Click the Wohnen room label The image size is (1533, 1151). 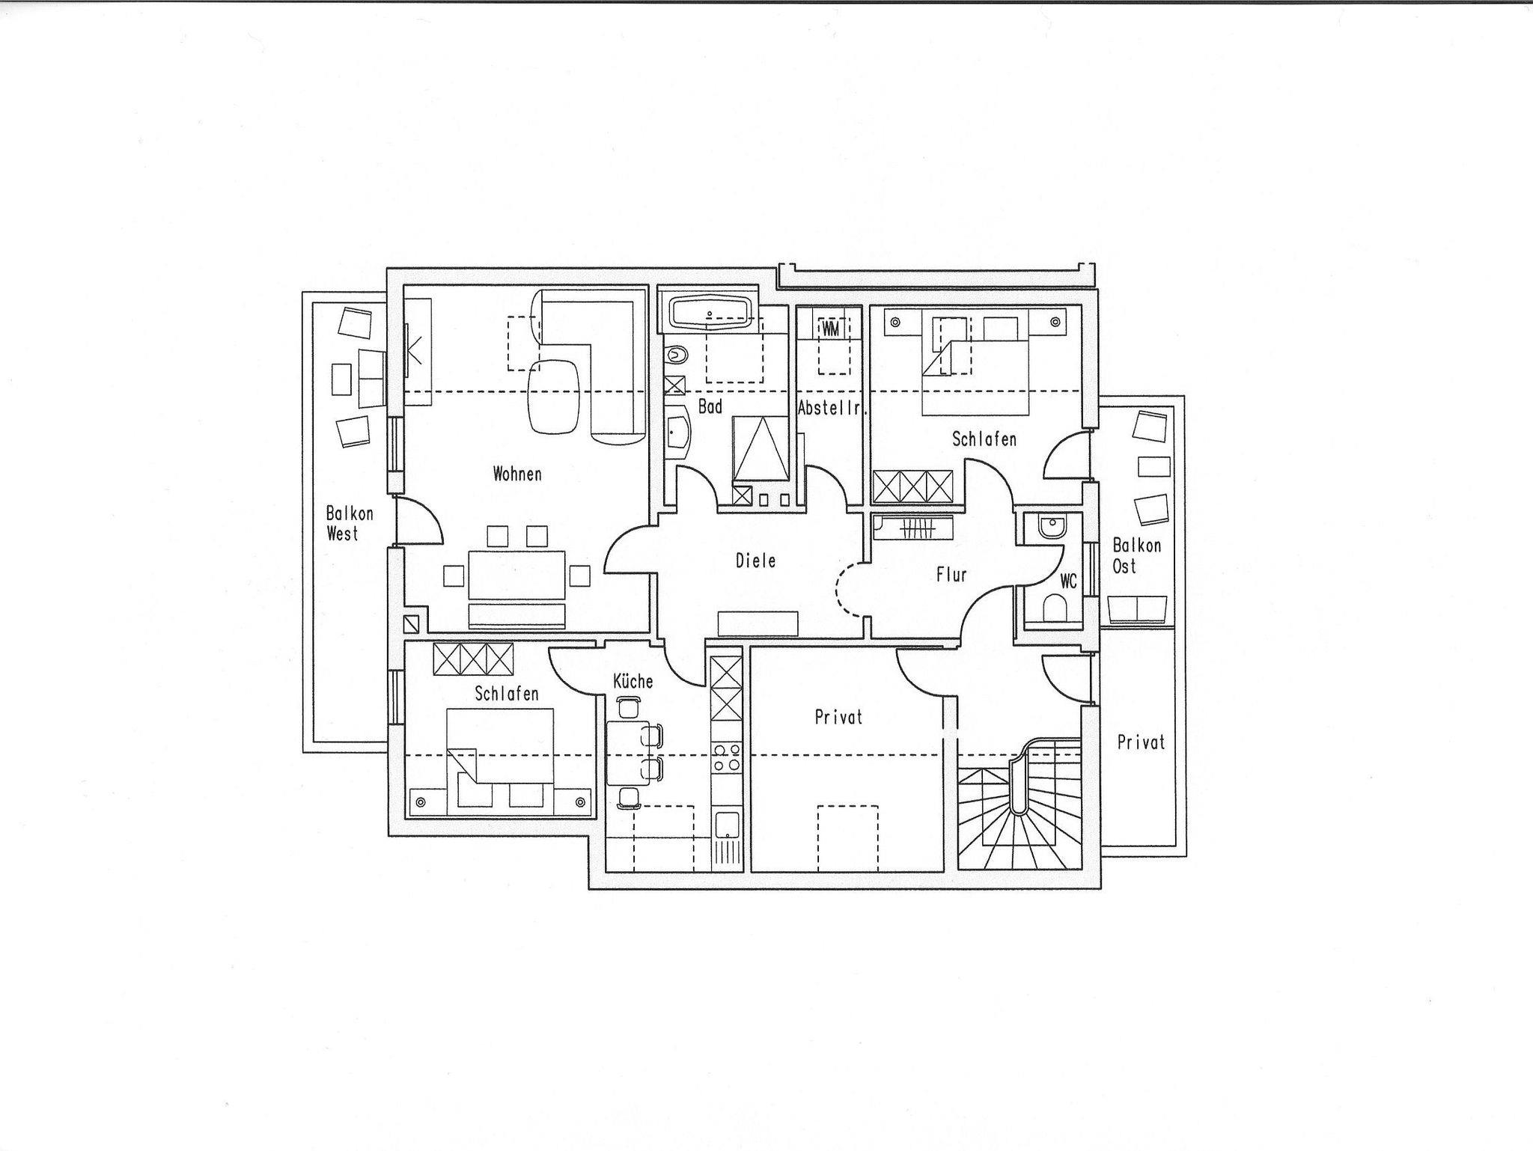point(517,474)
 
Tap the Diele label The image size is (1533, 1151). point(756,561)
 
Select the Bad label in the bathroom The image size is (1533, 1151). point(710,406)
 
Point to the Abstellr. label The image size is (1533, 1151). point(832,409)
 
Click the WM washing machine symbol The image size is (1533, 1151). point(831,328)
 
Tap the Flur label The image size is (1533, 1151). point(951,575)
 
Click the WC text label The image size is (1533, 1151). point(1068,581)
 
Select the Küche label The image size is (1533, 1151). point(633,681)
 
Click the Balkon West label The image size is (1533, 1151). point(349,524)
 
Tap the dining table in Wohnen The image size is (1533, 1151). point(516,575)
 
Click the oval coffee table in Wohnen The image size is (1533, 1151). point(555,397)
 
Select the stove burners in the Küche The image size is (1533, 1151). point(727,757)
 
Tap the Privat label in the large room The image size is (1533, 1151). point(838,717)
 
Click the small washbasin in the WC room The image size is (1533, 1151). point(1053,527)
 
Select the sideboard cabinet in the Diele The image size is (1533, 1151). point(758,623)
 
